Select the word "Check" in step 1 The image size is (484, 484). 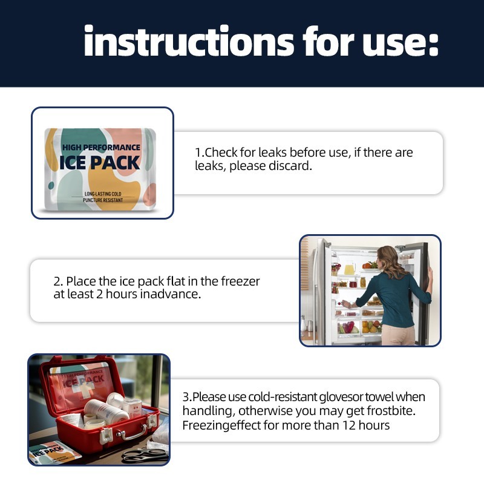pos(224,152)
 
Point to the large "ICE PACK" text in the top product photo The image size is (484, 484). pos(100,162)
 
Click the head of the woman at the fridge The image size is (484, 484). pos(390,258)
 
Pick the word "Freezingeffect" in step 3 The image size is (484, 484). pos(221,425)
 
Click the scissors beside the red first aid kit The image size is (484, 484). pos(145,455)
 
